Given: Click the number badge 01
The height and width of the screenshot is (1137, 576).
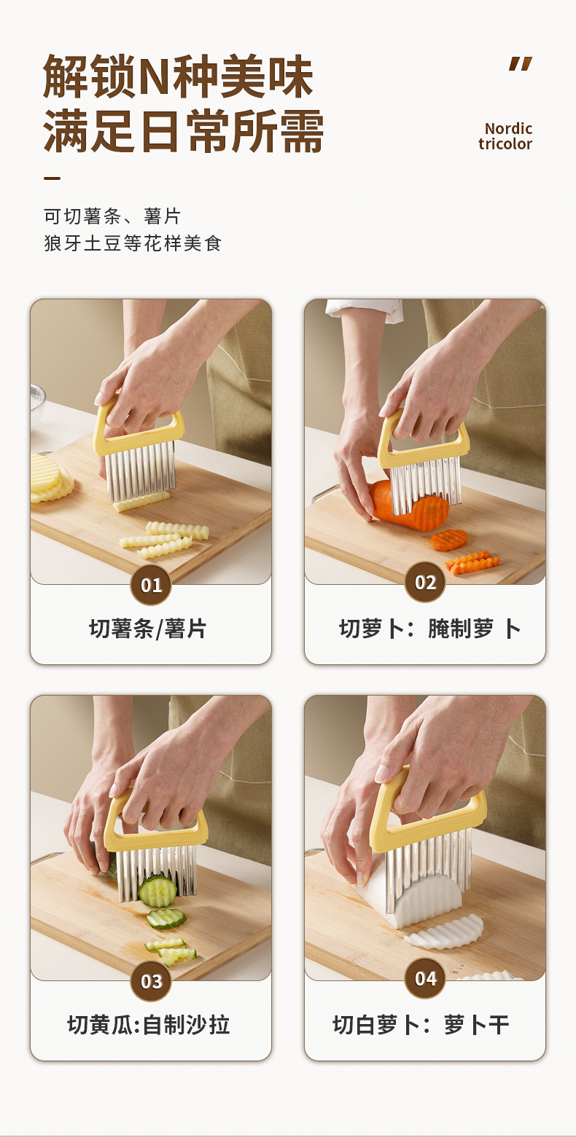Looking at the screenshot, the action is (x=151, y=585).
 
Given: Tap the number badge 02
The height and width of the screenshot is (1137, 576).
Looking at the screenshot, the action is (x=425, y=582).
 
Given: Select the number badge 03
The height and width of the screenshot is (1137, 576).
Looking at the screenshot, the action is (x=151, y=980).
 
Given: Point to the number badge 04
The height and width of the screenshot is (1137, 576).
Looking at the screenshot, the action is (x=425, y=978).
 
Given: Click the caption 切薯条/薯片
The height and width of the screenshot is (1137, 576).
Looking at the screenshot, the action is (x=148, y=629).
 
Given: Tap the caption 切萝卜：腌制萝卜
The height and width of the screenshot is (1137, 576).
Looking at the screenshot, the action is (x=429, y=629).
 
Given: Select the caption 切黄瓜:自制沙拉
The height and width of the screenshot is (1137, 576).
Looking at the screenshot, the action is (x=148, y=1025).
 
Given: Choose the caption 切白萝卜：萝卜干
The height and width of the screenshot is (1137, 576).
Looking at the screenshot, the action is (x=421, y=1025).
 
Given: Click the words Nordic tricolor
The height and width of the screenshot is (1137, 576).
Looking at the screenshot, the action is (x=505, y=136).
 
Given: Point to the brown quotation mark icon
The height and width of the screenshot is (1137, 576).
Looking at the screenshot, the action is (x=521, y=64).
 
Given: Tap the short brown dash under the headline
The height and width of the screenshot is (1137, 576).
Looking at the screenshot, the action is (x=52, y=178).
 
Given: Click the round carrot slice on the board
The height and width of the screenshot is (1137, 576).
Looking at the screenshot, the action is (x=448, y=540).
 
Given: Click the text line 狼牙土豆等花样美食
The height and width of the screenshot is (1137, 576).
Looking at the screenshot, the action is (x=133, y=243).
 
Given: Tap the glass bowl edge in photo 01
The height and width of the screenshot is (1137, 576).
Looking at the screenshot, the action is (x=37, y=406).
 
